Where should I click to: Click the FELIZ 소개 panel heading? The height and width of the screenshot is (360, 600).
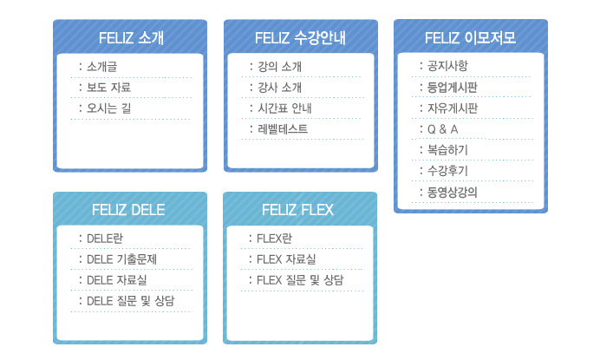pos(131,38)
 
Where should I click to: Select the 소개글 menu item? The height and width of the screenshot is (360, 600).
pos(101,67)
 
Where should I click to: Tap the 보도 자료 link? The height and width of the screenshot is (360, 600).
pos(108,88)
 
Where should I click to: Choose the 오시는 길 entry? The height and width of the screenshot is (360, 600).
pos(108,108)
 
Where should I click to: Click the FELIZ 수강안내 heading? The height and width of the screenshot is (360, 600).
pos(300,38)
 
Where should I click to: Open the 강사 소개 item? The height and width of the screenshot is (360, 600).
pos(279,88)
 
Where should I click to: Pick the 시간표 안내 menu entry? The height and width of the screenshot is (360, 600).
pos(284,108)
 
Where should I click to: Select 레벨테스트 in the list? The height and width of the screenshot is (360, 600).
pos(283,129)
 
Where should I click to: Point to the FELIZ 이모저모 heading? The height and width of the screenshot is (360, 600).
pos(470,37)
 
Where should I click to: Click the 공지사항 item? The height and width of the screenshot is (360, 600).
pos(447,66)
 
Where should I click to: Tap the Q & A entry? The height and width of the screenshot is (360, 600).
pos(443,129)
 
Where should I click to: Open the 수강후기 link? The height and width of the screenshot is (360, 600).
pos(447,170)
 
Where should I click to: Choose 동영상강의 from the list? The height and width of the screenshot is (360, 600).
pos(453,192)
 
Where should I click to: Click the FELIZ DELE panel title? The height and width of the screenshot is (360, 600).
pos(128,210)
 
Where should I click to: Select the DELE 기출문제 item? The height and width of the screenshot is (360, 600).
pos(121,259)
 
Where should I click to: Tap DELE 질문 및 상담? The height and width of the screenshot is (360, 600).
pos(130,301)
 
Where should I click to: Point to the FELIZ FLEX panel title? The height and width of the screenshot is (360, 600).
pos(297,210)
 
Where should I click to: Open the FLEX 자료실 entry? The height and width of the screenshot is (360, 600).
pos(286,259)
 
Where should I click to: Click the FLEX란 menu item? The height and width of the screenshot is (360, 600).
pos(274,239)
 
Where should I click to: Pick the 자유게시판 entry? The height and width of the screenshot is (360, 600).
pos(453,108)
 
